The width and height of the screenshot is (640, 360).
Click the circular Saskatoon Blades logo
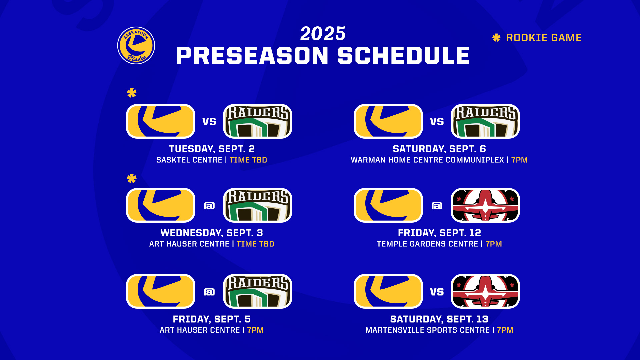[136, 45]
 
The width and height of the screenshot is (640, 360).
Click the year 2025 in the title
[323, 34]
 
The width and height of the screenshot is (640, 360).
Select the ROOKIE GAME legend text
[544, 38]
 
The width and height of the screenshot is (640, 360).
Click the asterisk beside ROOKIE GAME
[496, 38]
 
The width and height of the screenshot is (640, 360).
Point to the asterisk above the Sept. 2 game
[132, 93]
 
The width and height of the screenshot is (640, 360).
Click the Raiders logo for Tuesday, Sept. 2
[258, 121]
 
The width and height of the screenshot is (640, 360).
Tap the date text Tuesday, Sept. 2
[212, 149]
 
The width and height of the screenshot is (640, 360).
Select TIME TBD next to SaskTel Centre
[248, 160]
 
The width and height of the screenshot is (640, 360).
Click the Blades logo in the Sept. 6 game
[388, 121]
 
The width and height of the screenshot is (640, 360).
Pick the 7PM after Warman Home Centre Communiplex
[520, 160]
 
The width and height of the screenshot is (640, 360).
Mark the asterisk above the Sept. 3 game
[132, 178]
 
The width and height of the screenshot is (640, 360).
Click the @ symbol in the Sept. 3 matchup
[209, 206]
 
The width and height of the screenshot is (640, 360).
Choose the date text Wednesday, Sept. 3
[212, 233]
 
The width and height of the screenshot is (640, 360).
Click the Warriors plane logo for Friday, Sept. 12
[485, 205]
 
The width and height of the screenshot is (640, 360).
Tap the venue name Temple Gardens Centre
[427, 244]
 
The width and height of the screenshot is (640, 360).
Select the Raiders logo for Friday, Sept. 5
[258, 291]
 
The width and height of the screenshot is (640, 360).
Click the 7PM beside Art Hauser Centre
[255, 330]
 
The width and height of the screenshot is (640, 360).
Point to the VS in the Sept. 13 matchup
[437, 292]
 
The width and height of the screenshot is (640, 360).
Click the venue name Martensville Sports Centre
[427, 330]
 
